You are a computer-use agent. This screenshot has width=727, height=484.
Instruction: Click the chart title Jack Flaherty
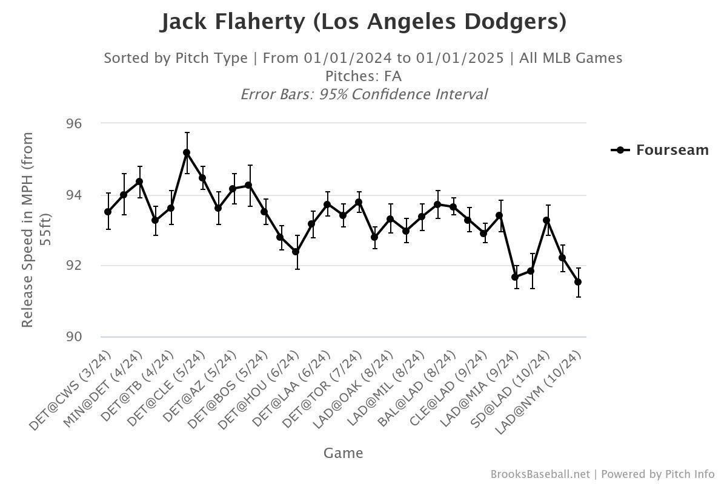(x=363, y=22)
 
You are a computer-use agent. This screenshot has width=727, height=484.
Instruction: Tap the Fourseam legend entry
(x=660, y=150)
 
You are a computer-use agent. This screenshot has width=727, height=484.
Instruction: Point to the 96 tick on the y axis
(x=73, y=123)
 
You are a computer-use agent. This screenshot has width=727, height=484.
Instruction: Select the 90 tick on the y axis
(x=73, y=337)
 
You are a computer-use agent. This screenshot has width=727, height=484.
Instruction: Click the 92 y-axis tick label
(x=73, y=266)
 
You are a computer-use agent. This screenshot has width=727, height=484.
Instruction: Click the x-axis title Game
(x=343, y=453)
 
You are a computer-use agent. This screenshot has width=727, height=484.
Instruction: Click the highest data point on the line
(x=187, y=152)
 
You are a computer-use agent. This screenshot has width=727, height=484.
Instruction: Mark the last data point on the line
(x=578, y=282)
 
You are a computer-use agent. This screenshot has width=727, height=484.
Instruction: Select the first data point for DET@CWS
(x=108, y=212)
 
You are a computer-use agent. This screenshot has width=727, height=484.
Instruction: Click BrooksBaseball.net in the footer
(x=540, y=474)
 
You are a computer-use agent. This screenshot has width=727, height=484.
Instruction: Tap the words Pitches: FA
(x=363, y=76)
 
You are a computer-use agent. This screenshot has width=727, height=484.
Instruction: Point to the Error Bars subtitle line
(x=363, y=94)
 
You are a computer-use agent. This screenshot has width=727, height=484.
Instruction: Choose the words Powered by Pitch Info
(x=658, y=474)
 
